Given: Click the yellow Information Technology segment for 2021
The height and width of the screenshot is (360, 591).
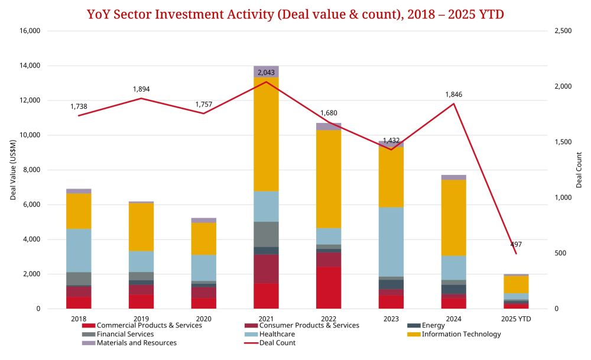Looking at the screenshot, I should (266, 134).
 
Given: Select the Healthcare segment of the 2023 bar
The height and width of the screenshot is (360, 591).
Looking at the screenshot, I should (391, 242).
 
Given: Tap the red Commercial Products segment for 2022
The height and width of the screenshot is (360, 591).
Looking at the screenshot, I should (329, 287).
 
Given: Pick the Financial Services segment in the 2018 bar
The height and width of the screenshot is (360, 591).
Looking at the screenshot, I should (79, 278).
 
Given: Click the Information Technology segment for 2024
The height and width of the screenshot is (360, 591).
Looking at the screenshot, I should (454, 218).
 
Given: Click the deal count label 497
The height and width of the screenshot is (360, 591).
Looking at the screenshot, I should (515, 244).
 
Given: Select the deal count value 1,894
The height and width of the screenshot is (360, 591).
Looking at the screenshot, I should (141, 89).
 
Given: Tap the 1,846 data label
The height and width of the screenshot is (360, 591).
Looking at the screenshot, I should (453, 94).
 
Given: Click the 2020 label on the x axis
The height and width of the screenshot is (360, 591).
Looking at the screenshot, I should (203, 319).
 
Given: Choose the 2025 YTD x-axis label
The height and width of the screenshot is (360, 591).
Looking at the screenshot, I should (516, 319).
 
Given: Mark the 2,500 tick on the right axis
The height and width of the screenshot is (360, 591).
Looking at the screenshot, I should (564, 31).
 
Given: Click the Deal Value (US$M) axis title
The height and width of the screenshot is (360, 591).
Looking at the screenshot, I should (12, 170).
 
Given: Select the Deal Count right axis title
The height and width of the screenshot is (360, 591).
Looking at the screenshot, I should (579, 170).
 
